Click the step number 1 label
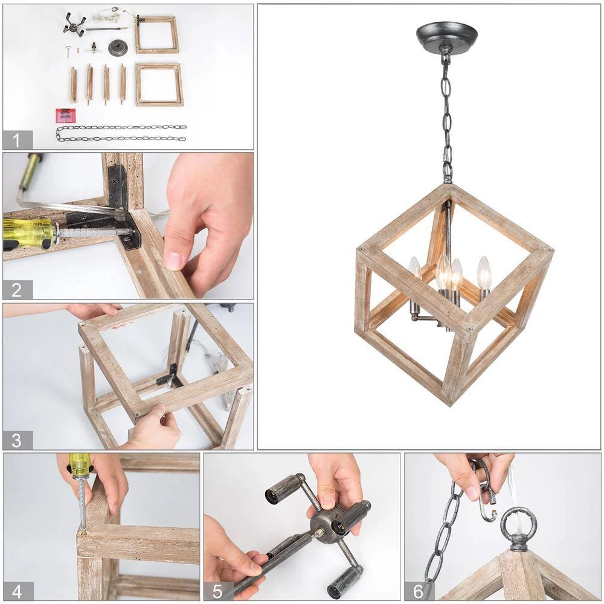(18, 140)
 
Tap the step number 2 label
(18, 289)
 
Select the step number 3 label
(18, 440)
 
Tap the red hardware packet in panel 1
(65, 115)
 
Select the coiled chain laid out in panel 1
(121, 133)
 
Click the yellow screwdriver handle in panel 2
(27, 233)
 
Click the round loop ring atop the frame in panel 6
(518, 522)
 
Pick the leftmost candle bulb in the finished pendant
(414, 268)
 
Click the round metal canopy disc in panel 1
(118, 48)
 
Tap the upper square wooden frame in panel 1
(156, 34)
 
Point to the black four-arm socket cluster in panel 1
(74, 24)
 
